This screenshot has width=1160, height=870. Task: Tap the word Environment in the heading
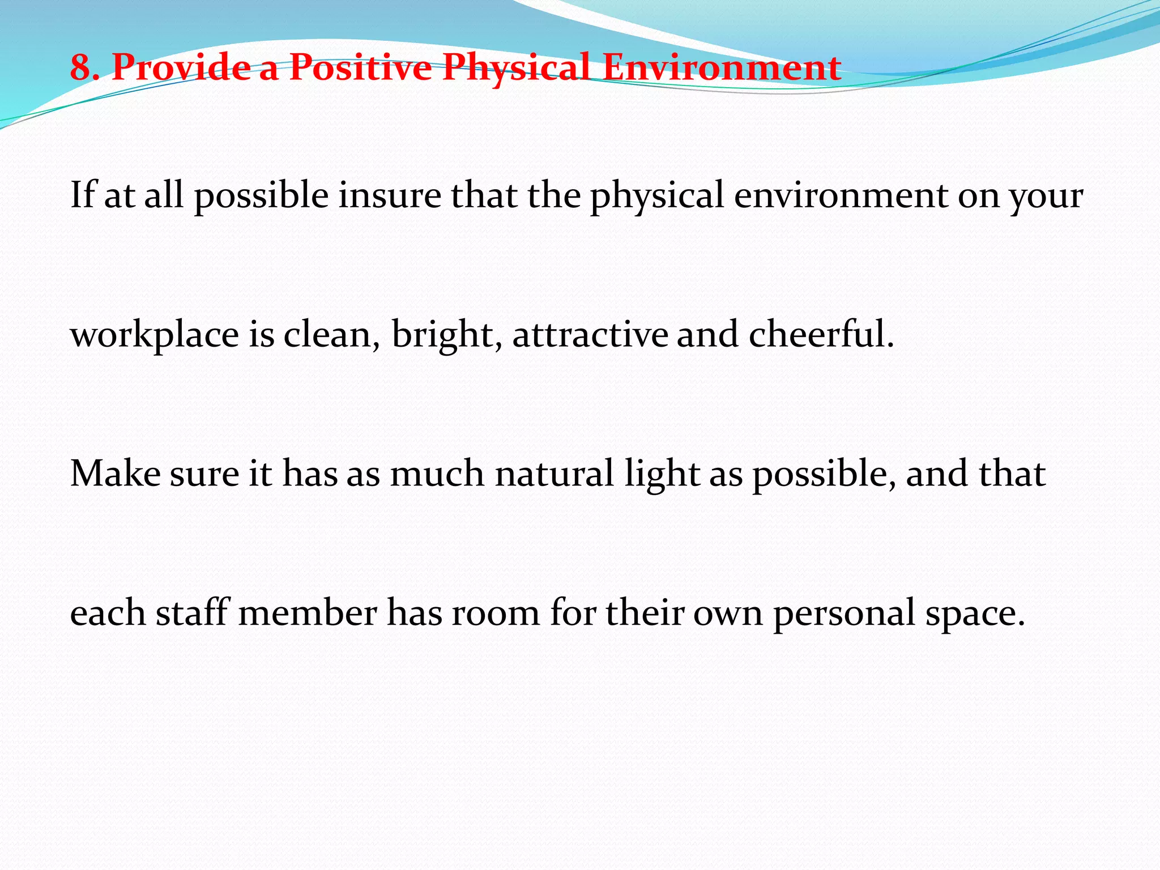(x=721, y=67)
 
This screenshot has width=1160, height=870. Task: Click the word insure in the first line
(x=390, y=195)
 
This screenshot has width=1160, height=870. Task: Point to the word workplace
(x=154, y=335)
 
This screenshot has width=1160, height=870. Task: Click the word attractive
(x=590, y=334)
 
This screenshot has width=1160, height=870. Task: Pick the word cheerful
(x=821, y=334)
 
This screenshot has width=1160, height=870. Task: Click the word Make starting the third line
(x=116, y=474)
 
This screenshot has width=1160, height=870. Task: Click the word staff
(x=192, y=613)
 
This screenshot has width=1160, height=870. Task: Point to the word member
(x=308, y=613)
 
